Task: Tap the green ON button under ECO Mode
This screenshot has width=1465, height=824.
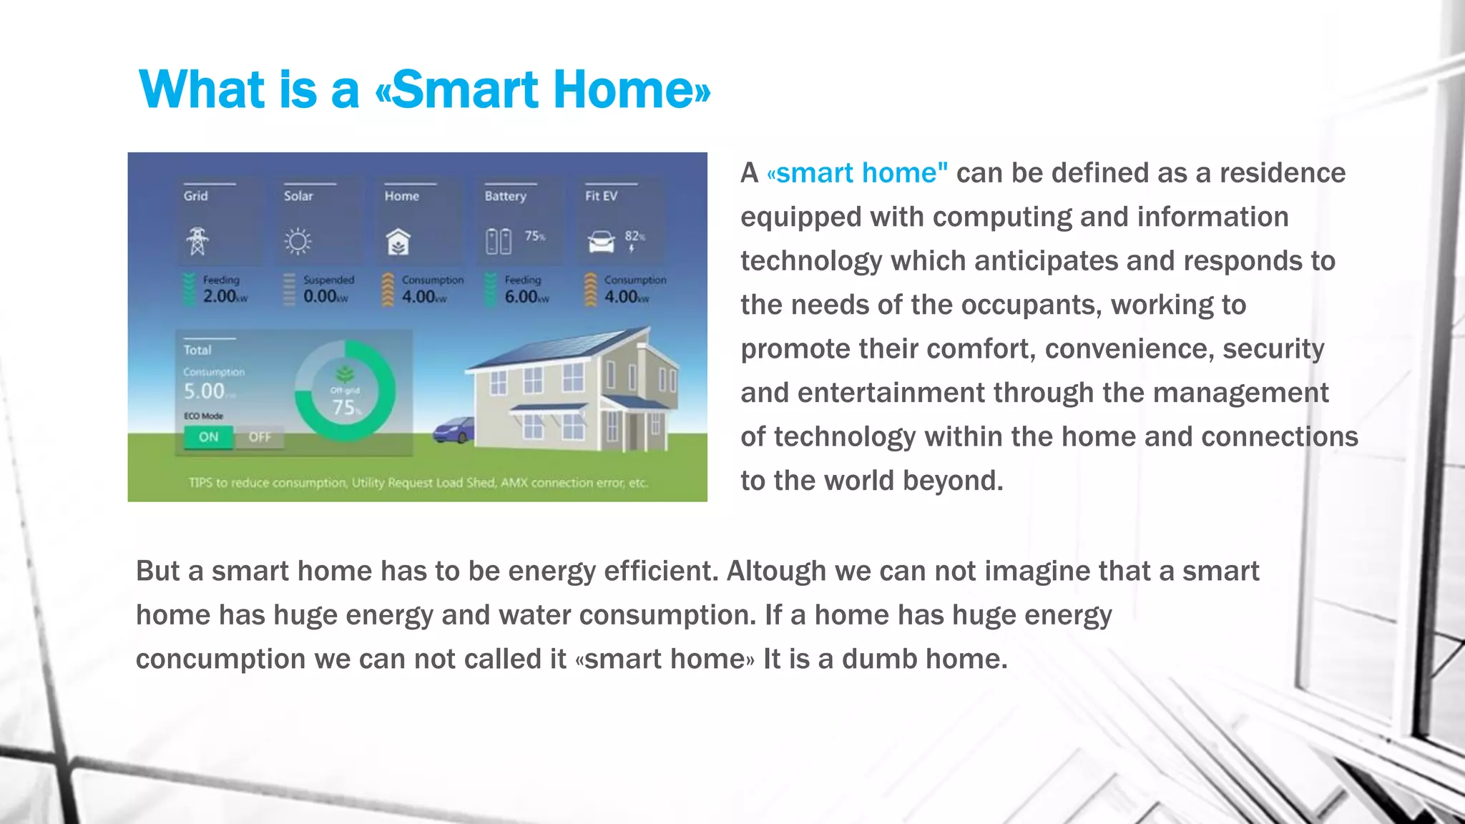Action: [x=208, y=437]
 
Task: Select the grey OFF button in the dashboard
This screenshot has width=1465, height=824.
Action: [x=260, y=437]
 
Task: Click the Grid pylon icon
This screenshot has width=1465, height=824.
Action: [x=197, y=241]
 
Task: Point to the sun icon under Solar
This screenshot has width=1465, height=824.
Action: [x=298, y=242]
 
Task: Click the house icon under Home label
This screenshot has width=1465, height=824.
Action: [x=398, y=242]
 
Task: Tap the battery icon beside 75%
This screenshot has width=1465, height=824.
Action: [x=499, y=242]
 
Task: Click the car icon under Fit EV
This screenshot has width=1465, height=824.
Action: [x=601, y=242]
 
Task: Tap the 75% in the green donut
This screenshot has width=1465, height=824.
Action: [x=346, y=408]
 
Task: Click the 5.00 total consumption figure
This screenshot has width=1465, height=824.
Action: [x=205, y=391]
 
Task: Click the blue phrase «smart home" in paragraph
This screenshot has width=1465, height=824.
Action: [x=857, y=173]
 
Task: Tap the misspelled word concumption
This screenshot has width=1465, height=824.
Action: [x=220, y=659]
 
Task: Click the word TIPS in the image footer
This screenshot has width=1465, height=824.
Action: [x=201, y=483]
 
